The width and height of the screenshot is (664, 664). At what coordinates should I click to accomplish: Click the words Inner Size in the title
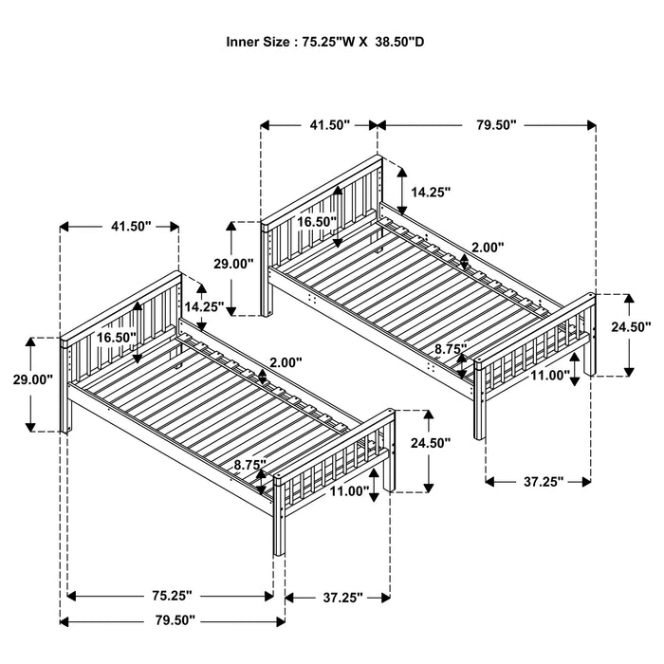(258, 42)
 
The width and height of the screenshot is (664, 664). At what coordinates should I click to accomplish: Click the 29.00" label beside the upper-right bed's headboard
(233, 264)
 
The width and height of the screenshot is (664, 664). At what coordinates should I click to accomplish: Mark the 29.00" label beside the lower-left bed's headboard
(31, 378)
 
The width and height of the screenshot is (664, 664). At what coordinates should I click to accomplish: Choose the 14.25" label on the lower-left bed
(205, 306)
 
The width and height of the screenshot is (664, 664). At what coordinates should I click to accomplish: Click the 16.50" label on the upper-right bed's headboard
(317, 221)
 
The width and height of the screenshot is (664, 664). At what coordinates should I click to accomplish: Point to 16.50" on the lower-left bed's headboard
(115, 336)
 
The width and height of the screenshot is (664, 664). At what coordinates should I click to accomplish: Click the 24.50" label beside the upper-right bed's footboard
(630, 326)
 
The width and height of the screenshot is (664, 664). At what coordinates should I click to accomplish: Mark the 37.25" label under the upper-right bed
(543, 481)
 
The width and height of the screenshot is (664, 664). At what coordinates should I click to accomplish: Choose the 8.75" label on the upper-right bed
(450, 349)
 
